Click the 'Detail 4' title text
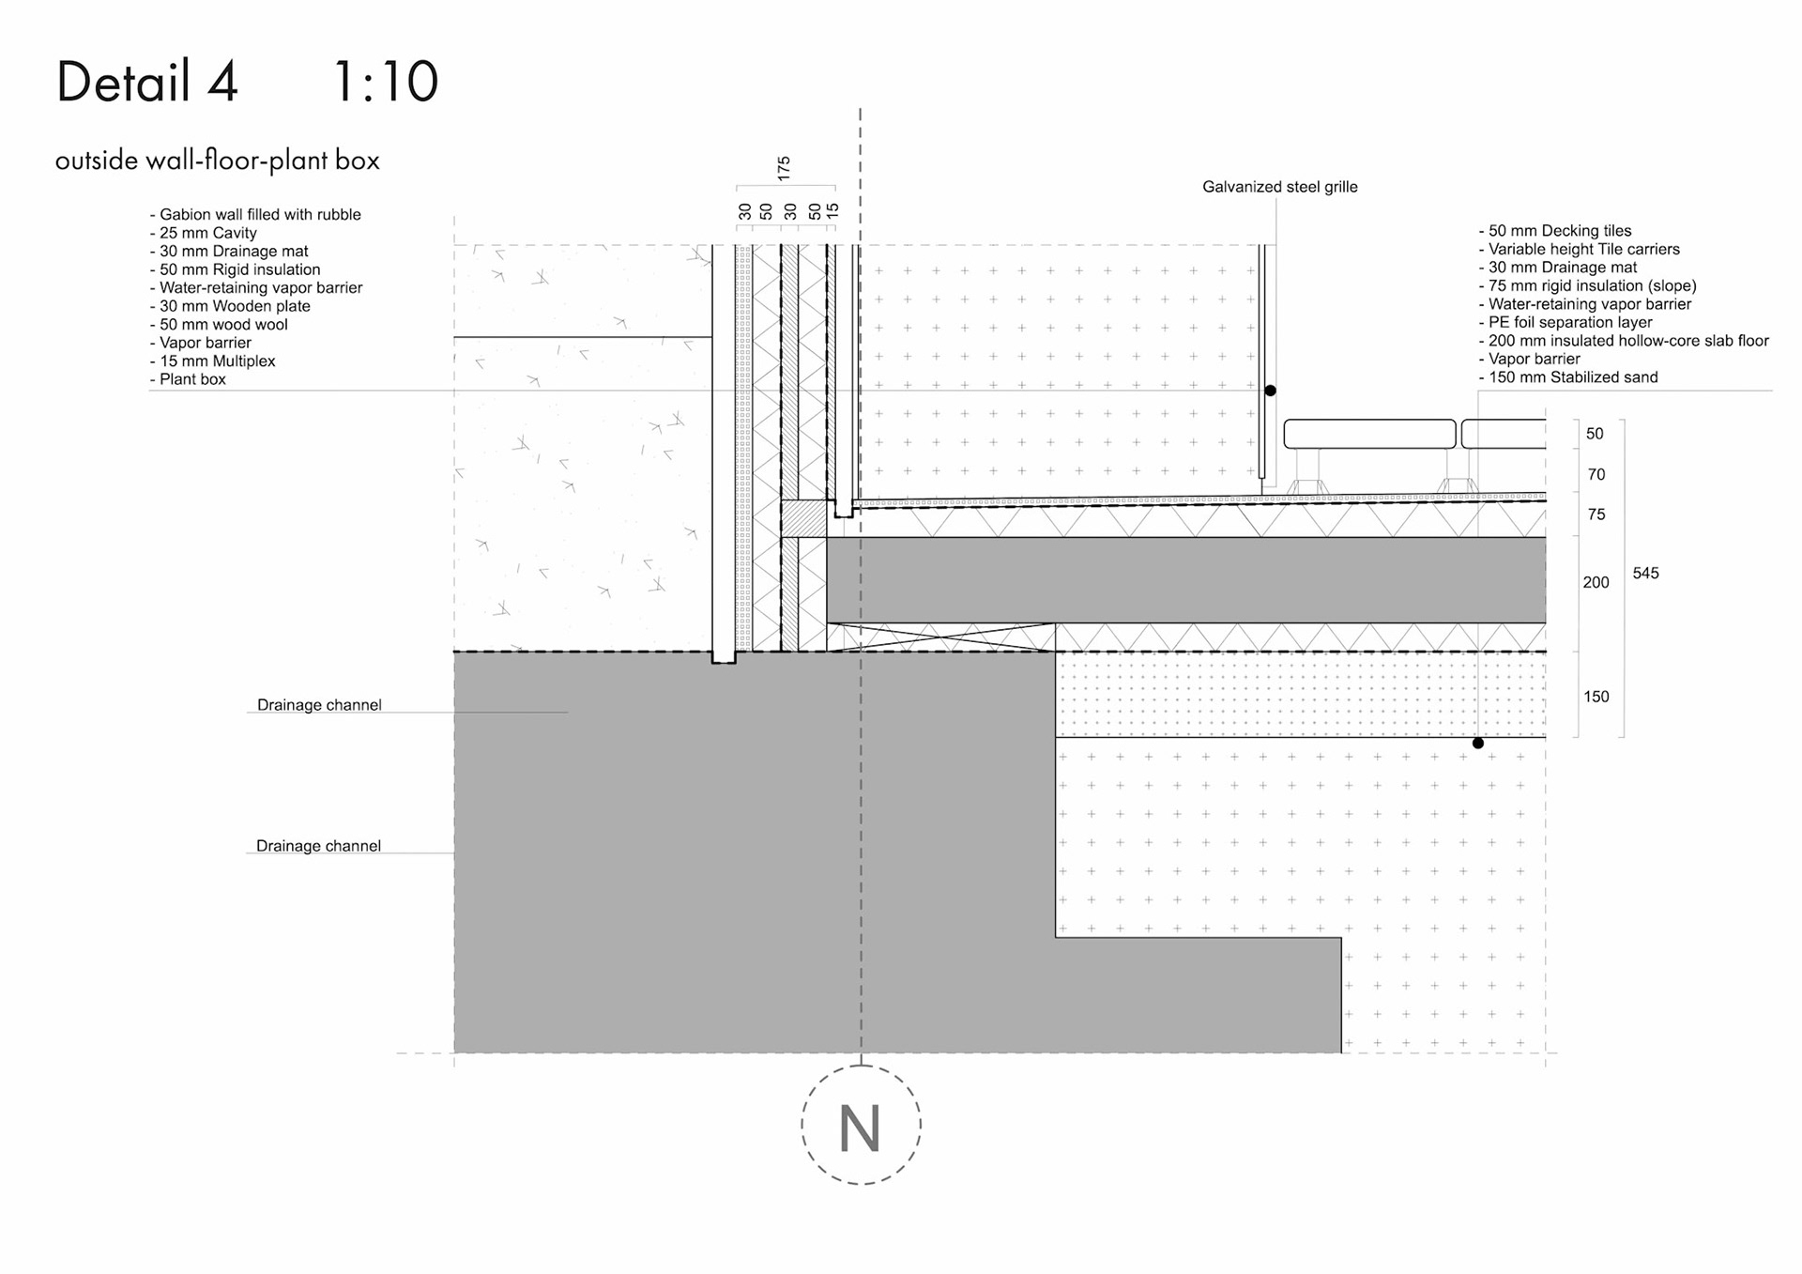point(147,82)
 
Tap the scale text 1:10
point(385,82)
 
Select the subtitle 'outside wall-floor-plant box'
point(217,161)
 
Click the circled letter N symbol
point(861,1125)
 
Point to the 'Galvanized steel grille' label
point(1279,187)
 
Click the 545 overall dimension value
point(1645,573)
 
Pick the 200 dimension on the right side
point(1596,582)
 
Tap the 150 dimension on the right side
point(1596,697)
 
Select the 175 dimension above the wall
point(784,168)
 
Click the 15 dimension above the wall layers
point(832,210)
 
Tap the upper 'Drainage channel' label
point(319,705)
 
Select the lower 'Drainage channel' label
point(318,846)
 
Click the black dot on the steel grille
point(1270,391)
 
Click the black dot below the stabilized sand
point(1478,744)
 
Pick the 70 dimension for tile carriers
point(1596,475)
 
